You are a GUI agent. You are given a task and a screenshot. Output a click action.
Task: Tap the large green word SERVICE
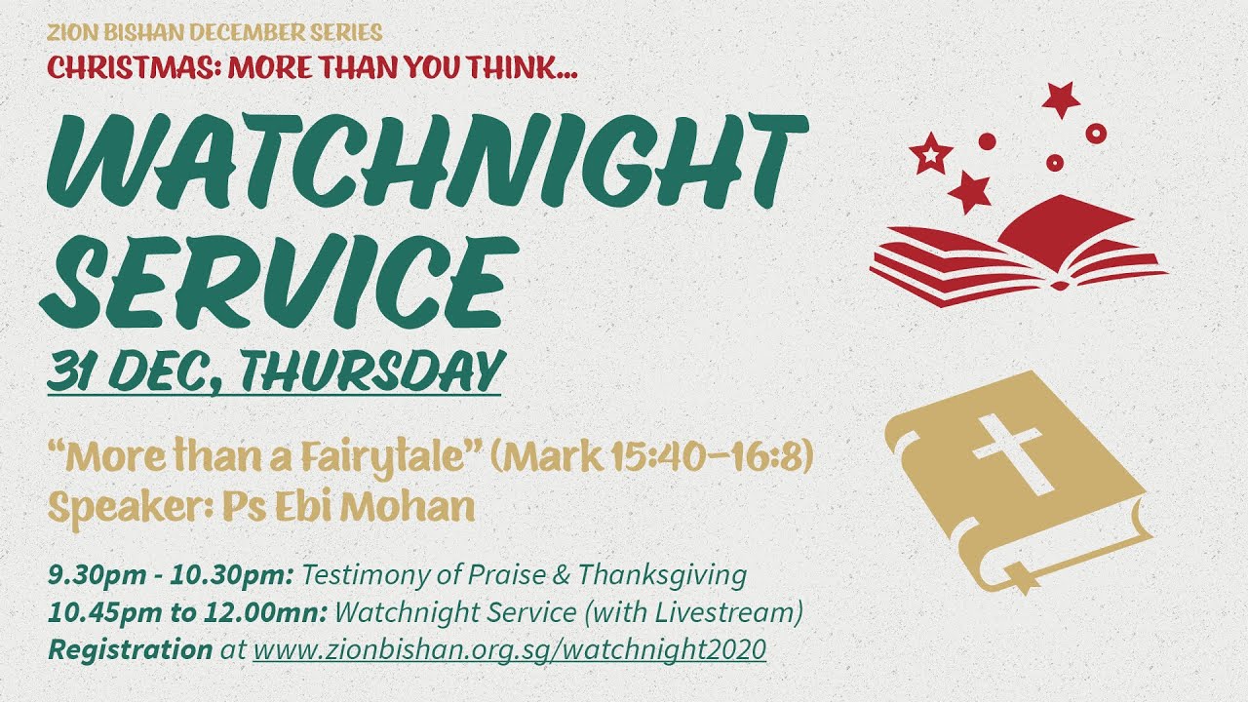pyautogui.click(x=279, y=282)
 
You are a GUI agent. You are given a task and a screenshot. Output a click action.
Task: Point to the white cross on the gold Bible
pyautogui.click(x=1009, y=453)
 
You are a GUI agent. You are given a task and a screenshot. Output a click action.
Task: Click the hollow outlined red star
pyautogui.click(x=930, y=153)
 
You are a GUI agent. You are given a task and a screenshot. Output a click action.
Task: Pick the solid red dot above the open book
pyautogui.click(x=987, y=141)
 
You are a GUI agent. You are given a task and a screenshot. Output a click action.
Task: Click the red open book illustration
pyautogui.click(x=1019, y=251)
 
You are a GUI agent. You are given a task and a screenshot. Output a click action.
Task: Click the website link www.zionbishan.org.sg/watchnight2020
pyautogui.click(x=510, y=649)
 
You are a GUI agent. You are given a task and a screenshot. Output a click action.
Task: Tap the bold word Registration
pyautogui.click(x=131, y=649)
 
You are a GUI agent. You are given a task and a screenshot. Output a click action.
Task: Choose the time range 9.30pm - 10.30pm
pyautogui.click(x=171, y=575)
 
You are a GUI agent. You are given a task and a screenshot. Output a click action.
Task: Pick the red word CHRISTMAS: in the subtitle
pyautogui.click(x=134, y=68)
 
